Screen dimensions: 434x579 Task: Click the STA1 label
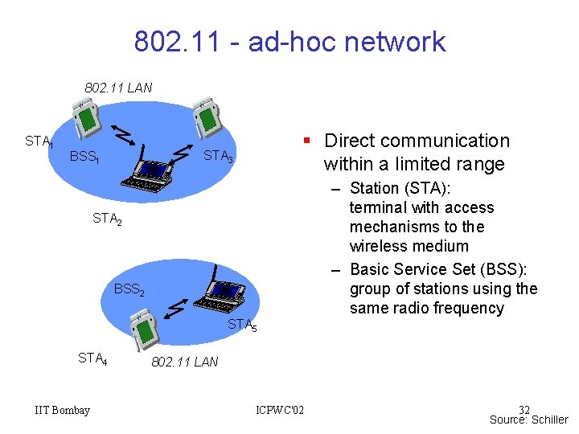39,142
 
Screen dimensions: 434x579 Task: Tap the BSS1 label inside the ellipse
84,157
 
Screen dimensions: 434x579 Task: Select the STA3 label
218,157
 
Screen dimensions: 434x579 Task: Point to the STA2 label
107,218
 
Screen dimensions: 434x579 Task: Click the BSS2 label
129,289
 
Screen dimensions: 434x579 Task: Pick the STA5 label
242,325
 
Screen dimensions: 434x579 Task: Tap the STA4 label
92,358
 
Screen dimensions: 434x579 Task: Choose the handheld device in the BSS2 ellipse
147,330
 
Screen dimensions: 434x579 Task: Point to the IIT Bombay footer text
63,411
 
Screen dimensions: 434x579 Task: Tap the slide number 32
524,410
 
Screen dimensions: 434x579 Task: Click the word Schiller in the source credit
549,420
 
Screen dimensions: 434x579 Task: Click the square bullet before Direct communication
306,141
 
